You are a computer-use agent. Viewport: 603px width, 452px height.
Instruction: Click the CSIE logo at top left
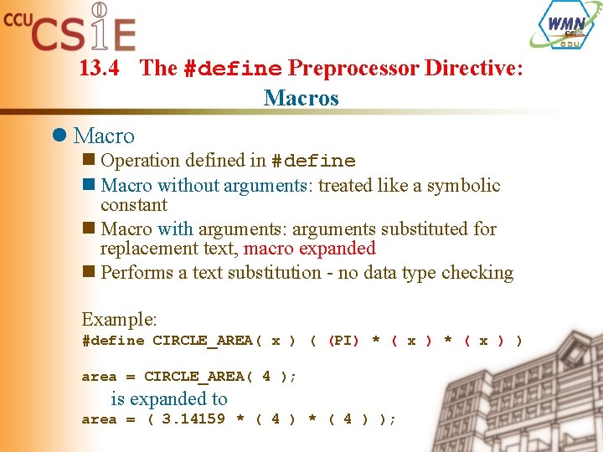tap(71, 28)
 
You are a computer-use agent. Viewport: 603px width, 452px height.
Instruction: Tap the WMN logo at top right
tap(565, 25)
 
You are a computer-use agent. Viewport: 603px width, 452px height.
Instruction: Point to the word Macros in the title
tap(301, 98)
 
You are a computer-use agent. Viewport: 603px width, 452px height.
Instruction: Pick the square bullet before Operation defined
tap(89, 160)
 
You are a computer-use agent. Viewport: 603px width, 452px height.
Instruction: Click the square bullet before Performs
tap(89, 272)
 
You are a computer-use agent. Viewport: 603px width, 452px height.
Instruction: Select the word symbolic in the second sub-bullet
tap(463, 185)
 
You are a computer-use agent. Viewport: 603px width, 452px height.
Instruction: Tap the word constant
tap(133, 205)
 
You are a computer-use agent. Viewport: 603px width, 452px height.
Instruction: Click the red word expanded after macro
tap(342, 249)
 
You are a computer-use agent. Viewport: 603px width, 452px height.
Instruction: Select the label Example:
tap(120, 319)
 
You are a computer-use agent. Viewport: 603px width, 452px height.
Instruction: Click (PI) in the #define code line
tap(343, 341)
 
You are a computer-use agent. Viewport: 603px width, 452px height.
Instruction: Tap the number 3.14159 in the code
tap(193, 419)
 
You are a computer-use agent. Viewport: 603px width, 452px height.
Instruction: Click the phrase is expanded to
tap(168, 399)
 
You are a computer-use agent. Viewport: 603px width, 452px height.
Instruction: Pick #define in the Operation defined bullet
tap(313, 161)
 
